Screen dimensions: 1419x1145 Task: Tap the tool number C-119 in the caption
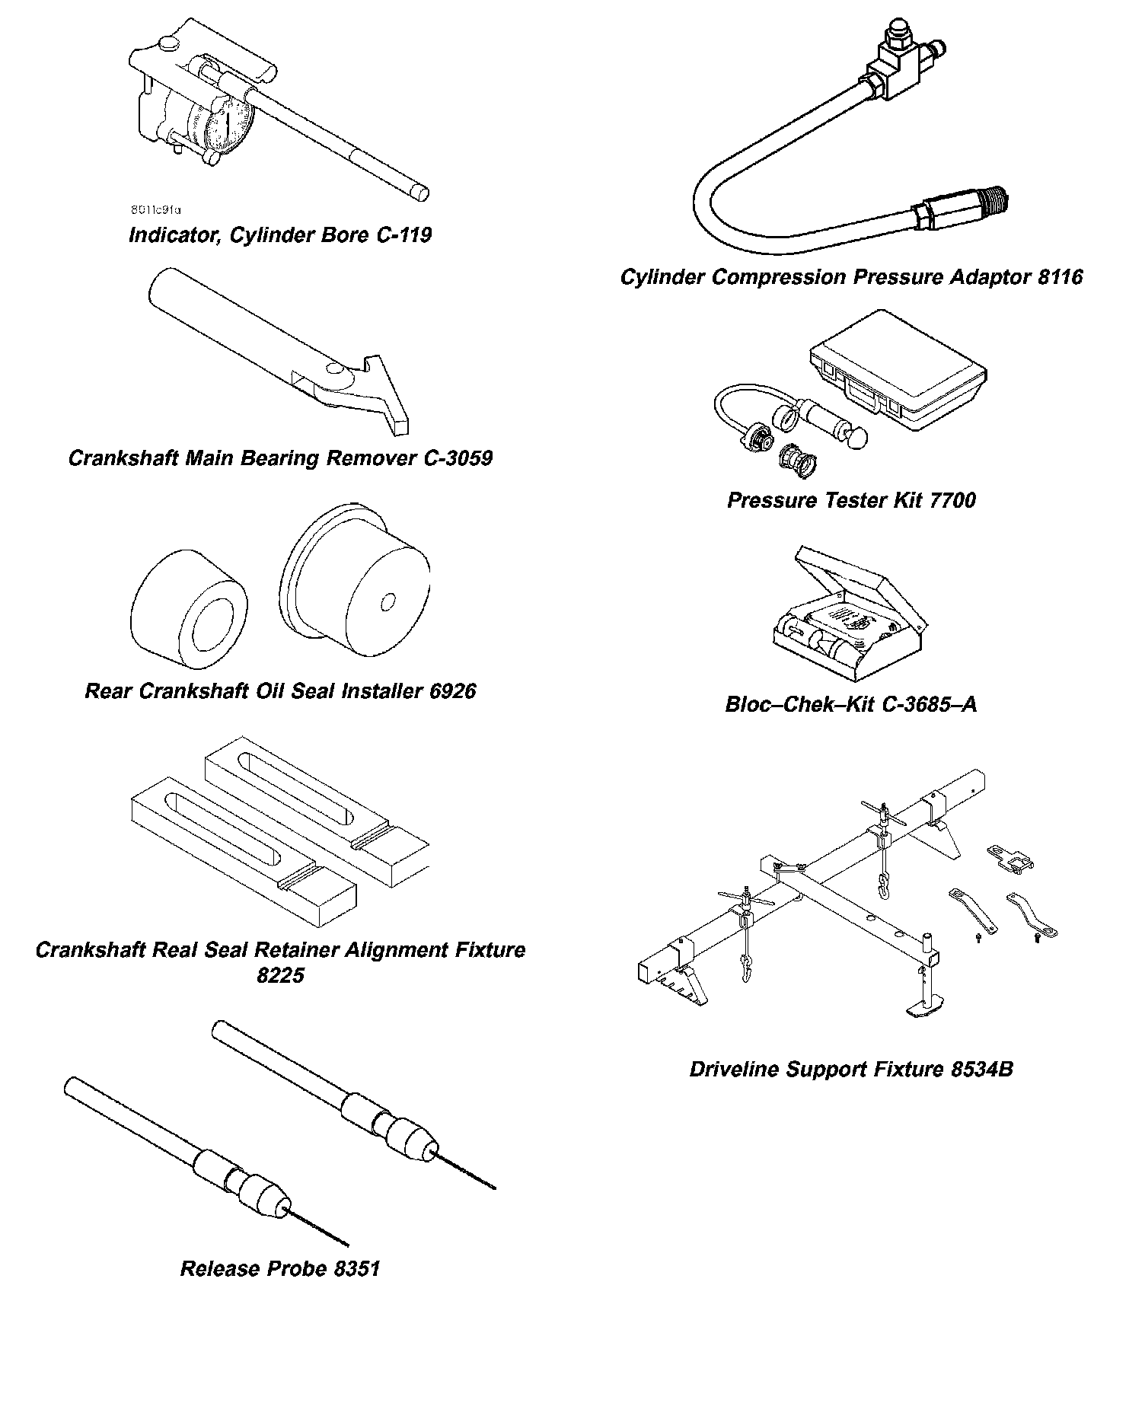pos(404,234)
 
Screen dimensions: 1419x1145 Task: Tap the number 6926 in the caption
pos(452,691)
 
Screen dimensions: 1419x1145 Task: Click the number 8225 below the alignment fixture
pos(280,975)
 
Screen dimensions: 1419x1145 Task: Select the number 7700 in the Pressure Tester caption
pos(953,501)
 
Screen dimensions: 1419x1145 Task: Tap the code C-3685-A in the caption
pos(928,704)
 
